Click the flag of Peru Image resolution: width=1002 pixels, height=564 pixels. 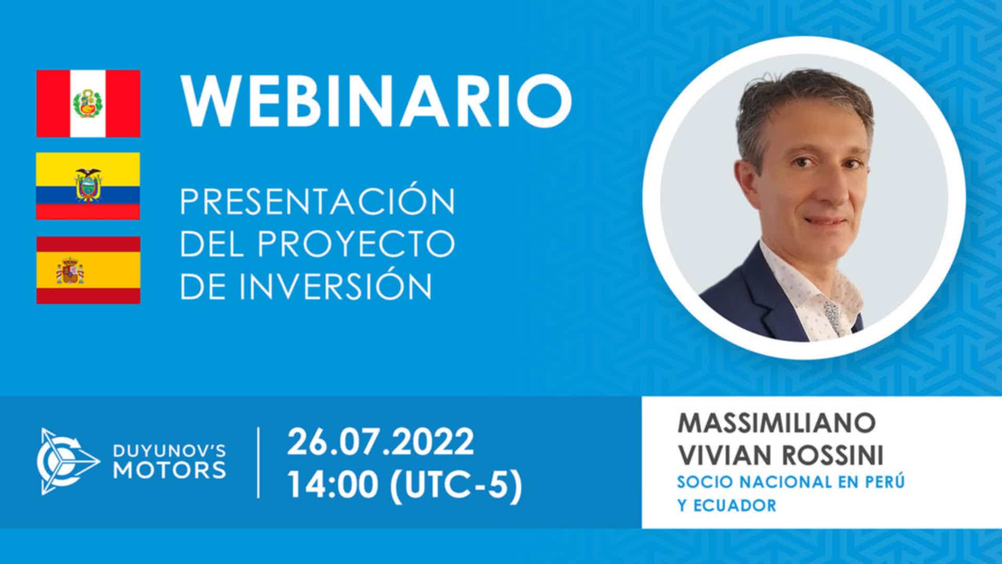click(x=88, y=103)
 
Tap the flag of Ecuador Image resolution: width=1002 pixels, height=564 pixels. click(x=88, y=186)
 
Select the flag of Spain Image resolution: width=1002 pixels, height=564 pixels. click(x=88, y=270)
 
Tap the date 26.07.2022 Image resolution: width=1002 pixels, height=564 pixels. click(x=380, y=442)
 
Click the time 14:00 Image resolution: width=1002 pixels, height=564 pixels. click(x=333, y=485)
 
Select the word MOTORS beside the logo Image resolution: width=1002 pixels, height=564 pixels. click(x=170, y=470)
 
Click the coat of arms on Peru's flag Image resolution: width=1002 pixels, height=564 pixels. click(x=88, y=103)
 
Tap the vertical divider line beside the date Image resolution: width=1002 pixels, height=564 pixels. click(x=259, y=463)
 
